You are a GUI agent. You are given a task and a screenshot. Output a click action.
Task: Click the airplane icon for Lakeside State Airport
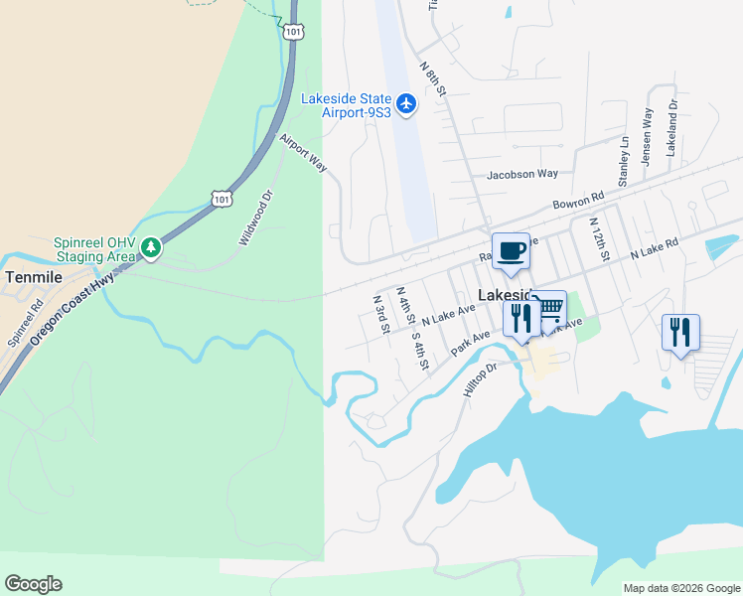[x=405, y=103]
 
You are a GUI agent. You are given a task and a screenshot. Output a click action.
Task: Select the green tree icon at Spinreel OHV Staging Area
[x=150, y=245]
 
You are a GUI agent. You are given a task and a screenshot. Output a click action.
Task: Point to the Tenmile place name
[x=32, y=276]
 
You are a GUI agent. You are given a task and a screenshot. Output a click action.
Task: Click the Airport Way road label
[x=303, y=153]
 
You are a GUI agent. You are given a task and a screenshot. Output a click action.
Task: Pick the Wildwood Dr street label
[x=255, y=219]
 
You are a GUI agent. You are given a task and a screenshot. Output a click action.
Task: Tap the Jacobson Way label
[x=521, y=174]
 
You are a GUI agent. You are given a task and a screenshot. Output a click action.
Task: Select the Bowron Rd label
[x=578, y=202]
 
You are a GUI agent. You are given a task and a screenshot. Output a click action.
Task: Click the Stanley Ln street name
[x=624, y=162]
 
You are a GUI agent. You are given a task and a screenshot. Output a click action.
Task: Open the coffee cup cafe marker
[x=511, y=250]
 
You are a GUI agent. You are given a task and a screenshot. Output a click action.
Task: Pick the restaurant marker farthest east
[x=680, y=332]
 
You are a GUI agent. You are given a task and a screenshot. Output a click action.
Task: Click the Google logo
[x=33, y=584]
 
